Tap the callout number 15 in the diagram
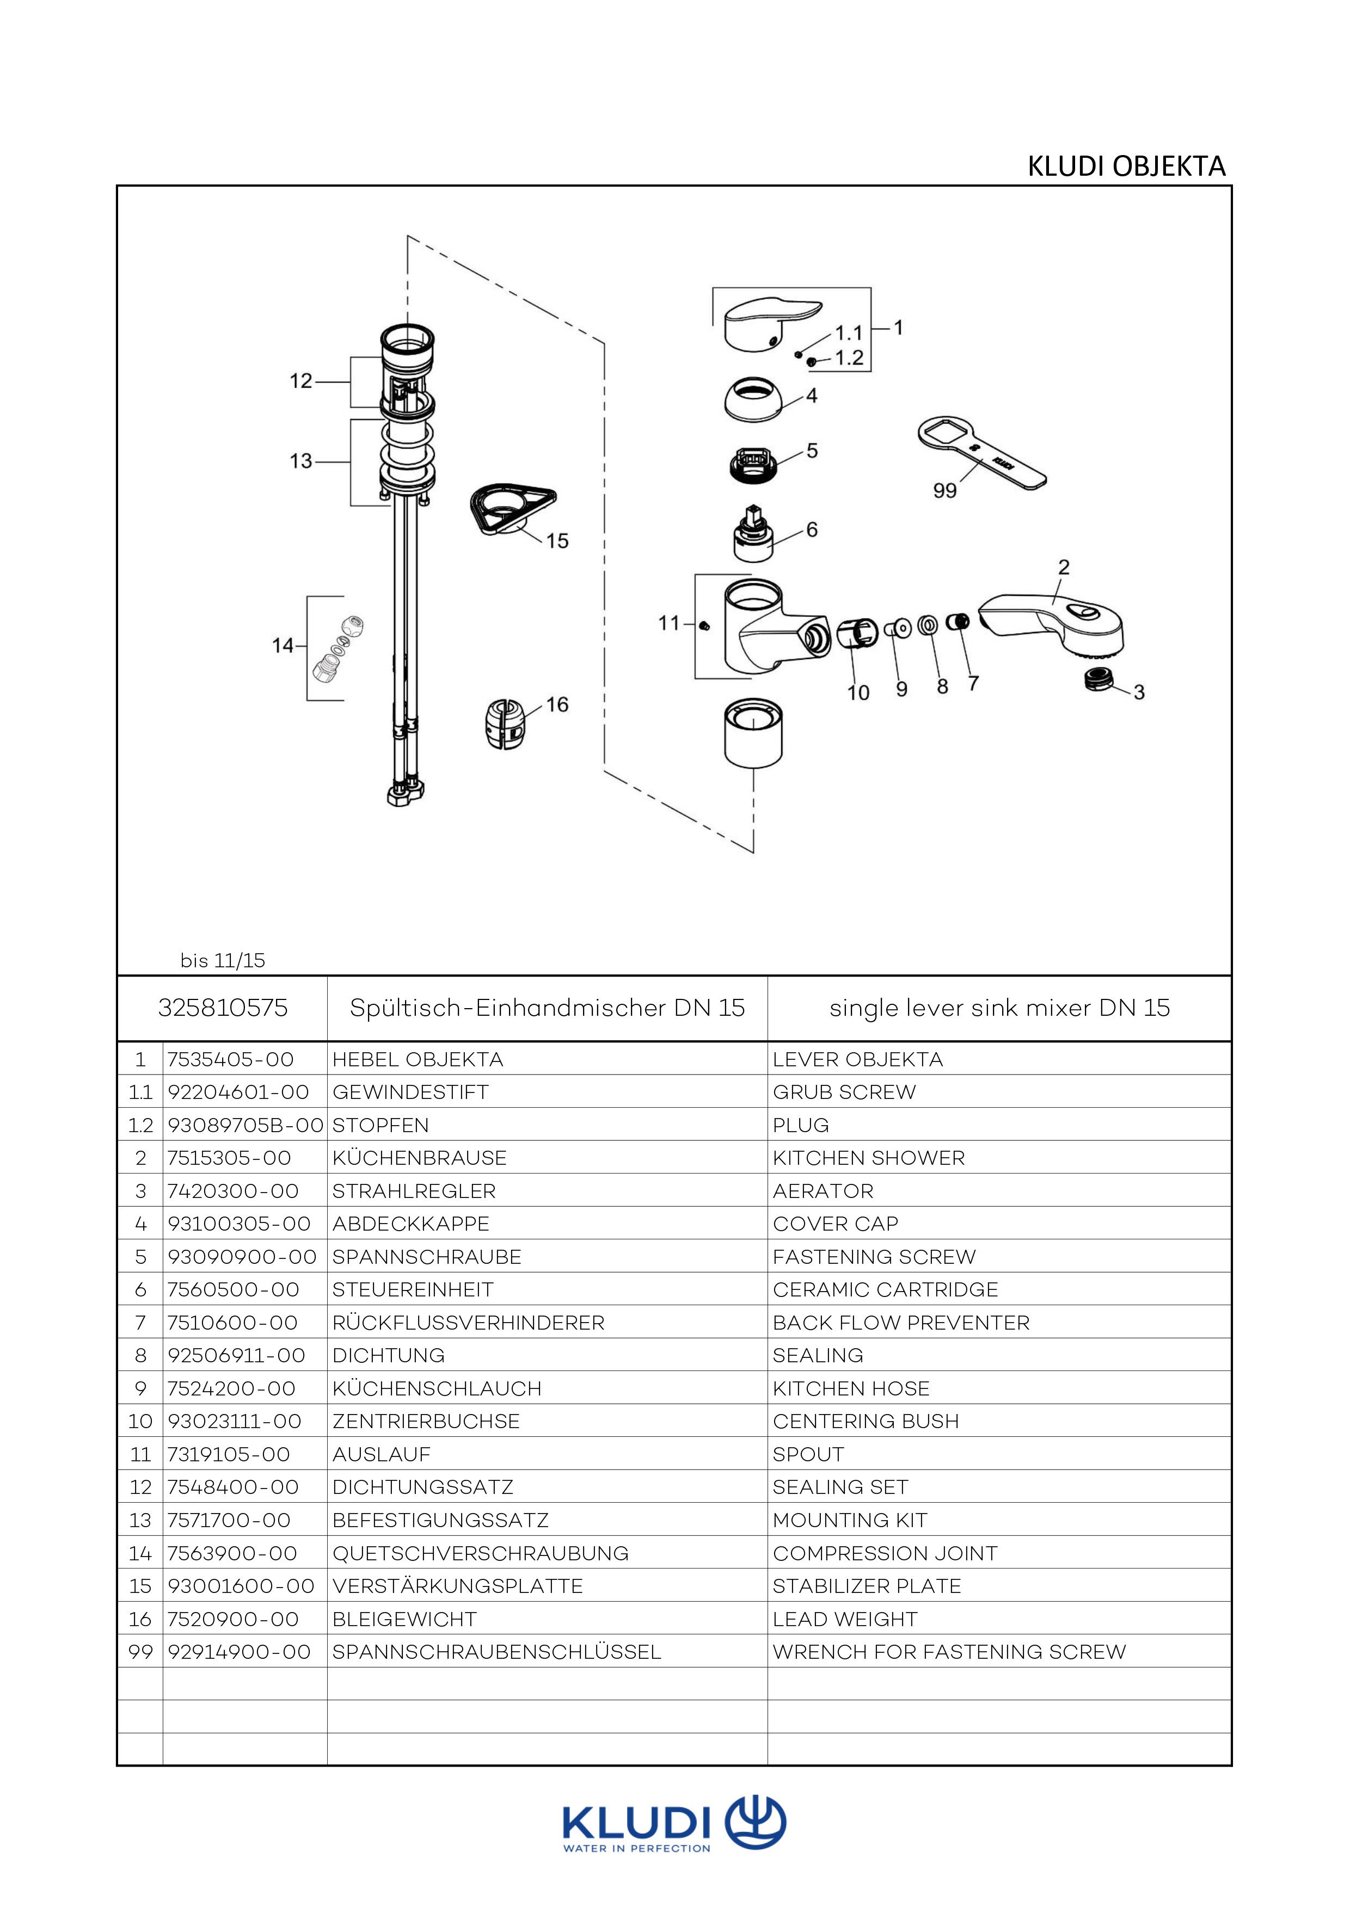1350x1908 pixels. [557, 541]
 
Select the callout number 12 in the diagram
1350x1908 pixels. [301, 381]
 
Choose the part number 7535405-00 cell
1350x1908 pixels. [231, 1059]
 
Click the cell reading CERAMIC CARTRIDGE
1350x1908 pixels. [885, 1290]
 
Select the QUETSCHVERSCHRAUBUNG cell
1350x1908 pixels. [481, 1553]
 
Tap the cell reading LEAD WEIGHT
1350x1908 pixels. [845, 1619]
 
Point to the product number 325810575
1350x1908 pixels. [223, 1008]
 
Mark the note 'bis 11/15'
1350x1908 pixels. [223, 961]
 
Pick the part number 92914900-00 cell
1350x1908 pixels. [240, 1652]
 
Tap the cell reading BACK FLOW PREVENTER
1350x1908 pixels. [901, 1322]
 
